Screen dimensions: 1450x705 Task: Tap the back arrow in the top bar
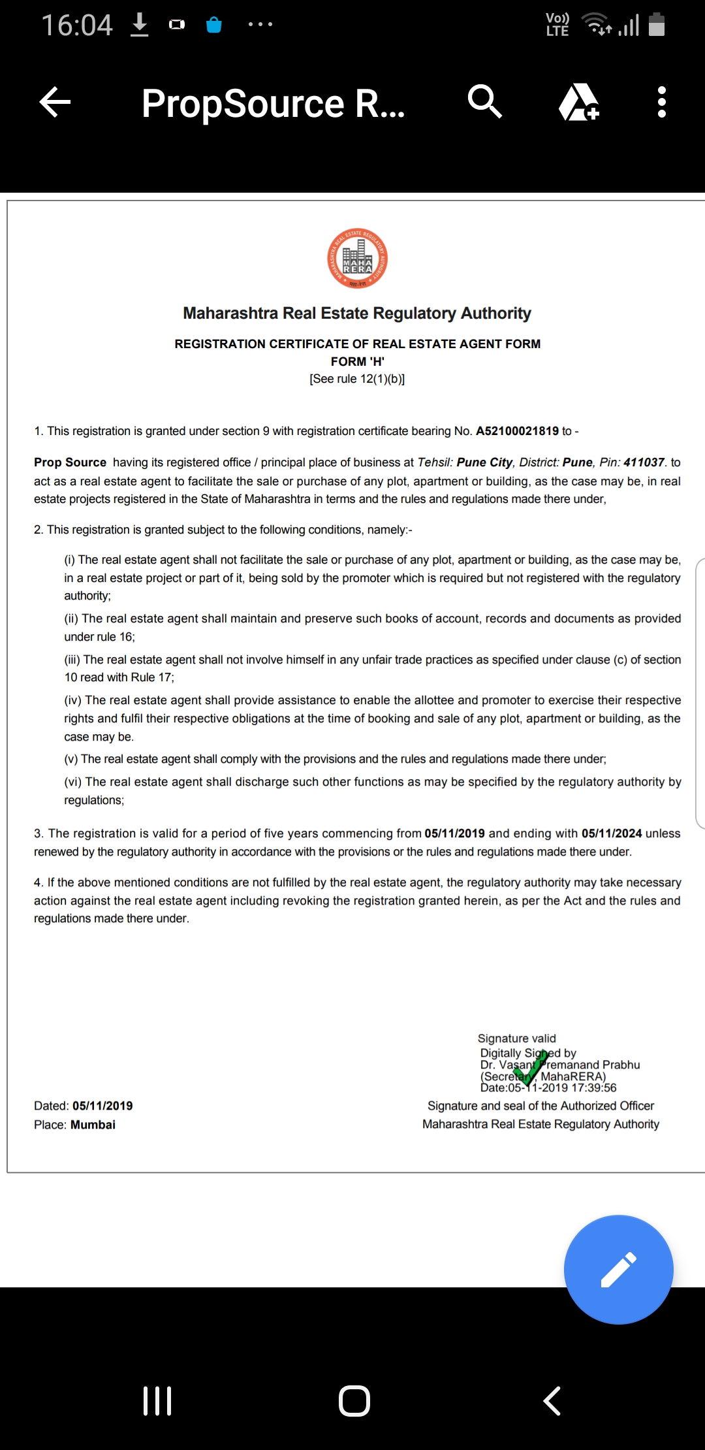click(55, 103)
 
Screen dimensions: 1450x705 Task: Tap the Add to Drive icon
click(578, 103)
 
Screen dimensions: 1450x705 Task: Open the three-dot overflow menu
click(661, 103)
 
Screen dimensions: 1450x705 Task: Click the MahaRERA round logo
click(357, 259)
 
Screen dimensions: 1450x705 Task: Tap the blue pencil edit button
click(618, 1269)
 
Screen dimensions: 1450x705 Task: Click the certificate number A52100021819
click(517, 431)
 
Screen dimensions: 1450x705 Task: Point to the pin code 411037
click(644, 462)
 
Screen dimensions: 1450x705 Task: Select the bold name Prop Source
click(70, 462)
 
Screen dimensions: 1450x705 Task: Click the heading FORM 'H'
click(357, 362)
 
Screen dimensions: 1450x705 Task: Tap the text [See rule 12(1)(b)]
click(357, 379)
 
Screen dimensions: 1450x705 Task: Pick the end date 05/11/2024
click(612, 833)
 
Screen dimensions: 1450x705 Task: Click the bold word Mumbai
click(93, 1125)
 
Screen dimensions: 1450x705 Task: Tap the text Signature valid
click(516, 1039)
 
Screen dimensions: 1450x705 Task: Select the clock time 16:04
click(77, 25)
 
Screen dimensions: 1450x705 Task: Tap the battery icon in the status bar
click(657, 25)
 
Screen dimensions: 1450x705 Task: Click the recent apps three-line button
click(157, 1401)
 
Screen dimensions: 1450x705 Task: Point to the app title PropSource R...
click(273, 103)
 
